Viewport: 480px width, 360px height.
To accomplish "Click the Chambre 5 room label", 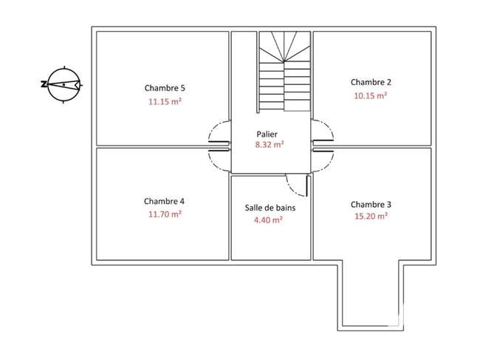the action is [x=165, y=88].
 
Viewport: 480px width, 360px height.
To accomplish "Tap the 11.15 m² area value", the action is [x=165, y=101].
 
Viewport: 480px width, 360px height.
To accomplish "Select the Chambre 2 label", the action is [x=371, y=82].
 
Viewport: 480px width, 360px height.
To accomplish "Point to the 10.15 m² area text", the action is [x=371, y=95].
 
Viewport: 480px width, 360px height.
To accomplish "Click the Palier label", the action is [x=267, y=135].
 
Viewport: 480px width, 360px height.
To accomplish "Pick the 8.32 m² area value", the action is [x=270, y=144].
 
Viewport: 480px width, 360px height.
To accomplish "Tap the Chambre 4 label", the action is [x=164, y=201].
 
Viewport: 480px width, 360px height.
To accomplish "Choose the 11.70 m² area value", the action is [x=165, y=214].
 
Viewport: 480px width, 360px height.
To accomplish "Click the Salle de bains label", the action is [x=270, y=208].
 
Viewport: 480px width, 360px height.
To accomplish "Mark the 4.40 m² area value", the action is [x=268, y=220].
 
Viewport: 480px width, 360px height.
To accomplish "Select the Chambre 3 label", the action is [x=371, y=204].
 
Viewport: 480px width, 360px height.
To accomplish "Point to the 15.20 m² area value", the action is [x=371, y=216].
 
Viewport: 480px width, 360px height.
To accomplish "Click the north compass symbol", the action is [x=64, y=84].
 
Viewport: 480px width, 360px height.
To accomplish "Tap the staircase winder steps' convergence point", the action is [x=284, y=61].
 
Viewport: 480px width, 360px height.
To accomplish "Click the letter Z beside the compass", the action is [x=44, y=84].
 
